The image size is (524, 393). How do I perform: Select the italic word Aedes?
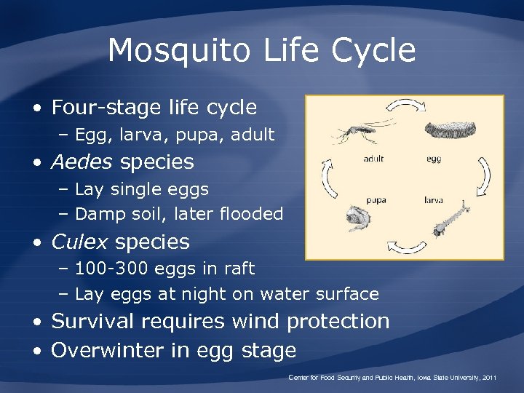[x=82, y=162]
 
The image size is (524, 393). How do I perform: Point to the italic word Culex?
[x=80, y=242]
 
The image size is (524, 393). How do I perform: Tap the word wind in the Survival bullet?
[x=257, y=321]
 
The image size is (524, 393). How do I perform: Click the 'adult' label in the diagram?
[x=373, y=159]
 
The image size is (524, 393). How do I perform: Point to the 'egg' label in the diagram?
[x=433, y=159]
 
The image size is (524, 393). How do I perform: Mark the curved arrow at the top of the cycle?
[x=405, y=106]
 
